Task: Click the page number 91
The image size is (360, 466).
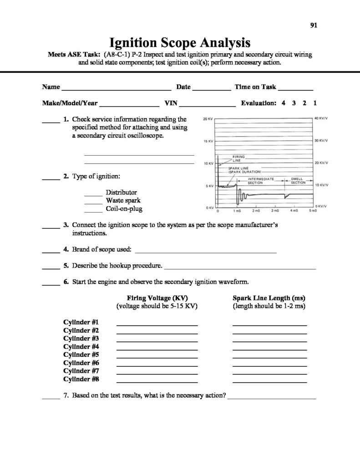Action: (x=313, y=25)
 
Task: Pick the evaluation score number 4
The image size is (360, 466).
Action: (x=283, y=103)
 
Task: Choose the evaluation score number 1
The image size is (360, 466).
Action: (x=315, y=103)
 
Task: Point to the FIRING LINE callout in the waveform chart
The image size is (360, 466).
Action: (x=238, y=158)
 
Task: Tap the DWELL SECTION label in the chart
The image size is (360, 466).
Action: (x=298, y=181)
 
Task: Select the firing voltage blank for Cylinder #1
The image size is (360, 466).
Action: (x=157, y=324)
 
